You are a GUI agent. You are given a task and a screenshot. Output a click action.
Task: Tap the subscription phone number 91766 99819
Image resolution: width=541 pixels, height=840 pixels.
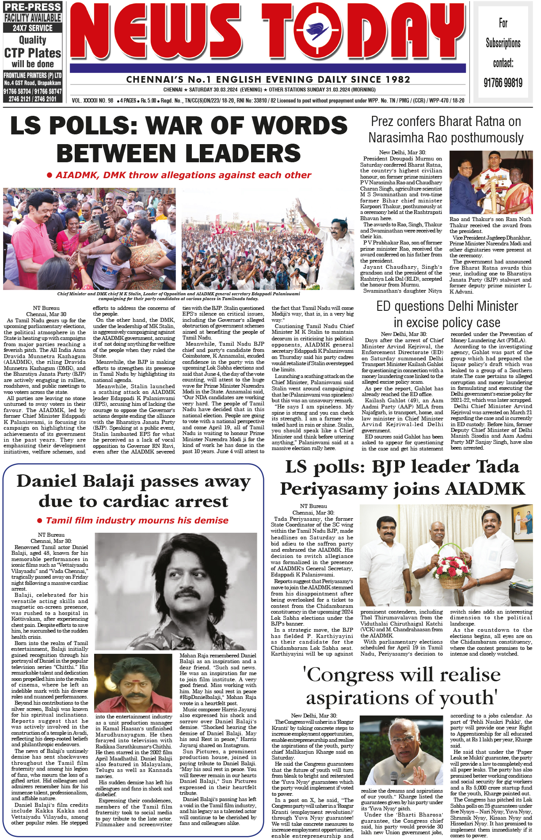pos(503,83)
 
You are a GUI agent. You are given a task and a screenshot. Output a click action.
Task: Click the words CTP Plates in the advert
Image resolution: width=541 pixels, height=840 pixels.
pos(33,53)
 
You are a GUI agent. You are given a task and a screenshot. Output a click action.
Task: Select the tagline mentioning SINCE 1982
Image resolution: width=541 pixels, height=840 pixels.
pos(268,80)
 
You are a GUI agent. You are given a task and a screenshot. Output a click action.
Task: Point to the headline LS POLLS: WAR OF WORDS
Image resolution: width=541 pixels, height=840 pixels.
pos(179,125)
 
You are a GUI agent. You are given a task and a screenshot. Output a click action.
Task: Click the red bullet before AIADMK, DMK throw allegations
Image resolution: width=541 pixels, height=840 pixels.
pos(50,175)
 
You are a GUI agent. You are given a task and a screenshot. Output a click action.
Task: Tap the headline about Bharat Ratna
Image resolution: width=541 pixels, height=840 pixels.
pos(446,129)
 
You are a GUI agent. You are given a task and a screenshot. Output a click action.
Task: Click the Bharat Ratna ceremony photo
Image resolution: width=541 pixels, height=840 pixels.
pos(491,183)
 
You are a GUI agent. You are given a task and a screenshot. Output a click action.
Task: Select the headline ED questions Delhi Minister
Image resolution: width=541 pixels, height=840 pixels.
pos(447,314)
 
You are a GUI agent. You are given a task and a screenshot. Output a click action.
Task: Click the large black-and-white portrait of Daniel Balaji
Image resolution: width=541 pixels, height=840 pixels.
pos(176,592)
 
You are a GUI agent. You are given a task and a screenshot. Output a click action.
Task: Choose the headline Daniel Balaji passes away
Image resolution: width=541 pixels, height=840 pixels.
pos(133,491)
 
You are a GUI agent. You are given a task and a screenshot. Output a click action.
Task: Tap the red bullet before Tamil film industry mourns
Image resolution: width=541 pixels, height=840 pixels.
pos(40,521)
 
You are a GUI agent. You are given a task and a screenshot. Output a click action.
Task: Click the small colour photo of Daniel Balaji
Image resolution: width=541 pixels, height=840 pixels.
pos(133,683)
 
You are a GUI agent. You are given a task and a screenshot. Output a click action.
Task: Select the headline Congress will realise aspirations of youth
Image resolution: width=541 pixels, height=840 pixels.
pos(402,686)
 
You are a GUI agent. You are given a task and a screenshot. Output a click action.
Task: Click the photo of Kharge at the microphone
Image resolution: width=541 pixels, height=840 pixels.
pos(402,751)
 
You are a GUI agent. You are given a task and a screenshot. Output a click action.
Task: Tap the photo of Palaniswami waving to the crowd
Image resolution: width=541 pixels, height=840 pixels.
pos(268,239)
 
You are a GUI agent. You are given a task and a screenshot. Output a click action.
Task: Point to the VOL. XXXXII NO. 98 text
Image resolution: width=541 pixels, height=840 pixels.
pos(92,100)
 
